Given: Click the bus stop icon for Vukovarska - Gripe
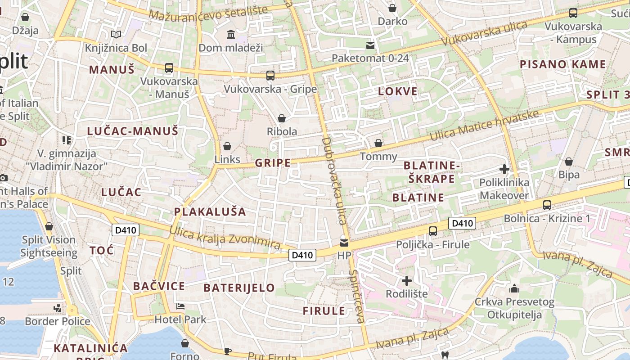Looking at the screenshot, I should [270, 75].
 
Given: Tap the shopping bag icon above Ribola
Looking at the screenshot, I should [282, 118].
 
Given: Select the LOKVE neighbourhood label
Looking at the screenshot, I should [398, 91].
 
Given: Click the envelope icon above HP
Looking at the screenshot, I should [344, 243].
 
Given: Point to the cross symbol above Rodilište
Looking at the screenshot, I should [407, 281].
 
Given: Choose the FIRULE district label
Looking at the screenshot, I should [324, 311].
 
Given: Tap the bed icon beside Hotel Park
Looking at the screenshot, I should [180, 306].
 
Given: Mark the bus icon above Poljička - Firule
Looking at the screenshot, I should [433, 231].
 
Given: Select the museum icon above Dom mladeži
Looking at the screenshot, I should [231, 34].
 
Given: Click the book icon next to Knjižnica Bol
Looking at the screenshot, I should [116, 34].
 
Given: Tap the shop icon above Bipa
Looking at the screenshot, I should [569, 162].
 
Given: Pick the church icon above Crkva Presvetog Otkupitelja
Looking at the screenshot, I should [514, 288].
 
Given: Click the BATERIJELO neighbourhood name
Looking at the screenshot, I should [239, 288].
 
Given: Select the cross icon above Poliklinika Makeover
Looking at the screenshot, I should [504, 169].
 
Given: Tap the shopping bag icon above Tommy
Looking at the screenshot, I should [379, 143].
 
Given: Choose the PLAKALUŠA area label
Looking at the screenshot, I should [210, 211].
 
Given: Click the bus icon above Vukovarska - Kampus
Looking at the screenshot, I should [573, 13].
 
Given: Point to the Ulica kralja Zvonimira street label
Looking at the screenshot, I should [225, 238].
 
